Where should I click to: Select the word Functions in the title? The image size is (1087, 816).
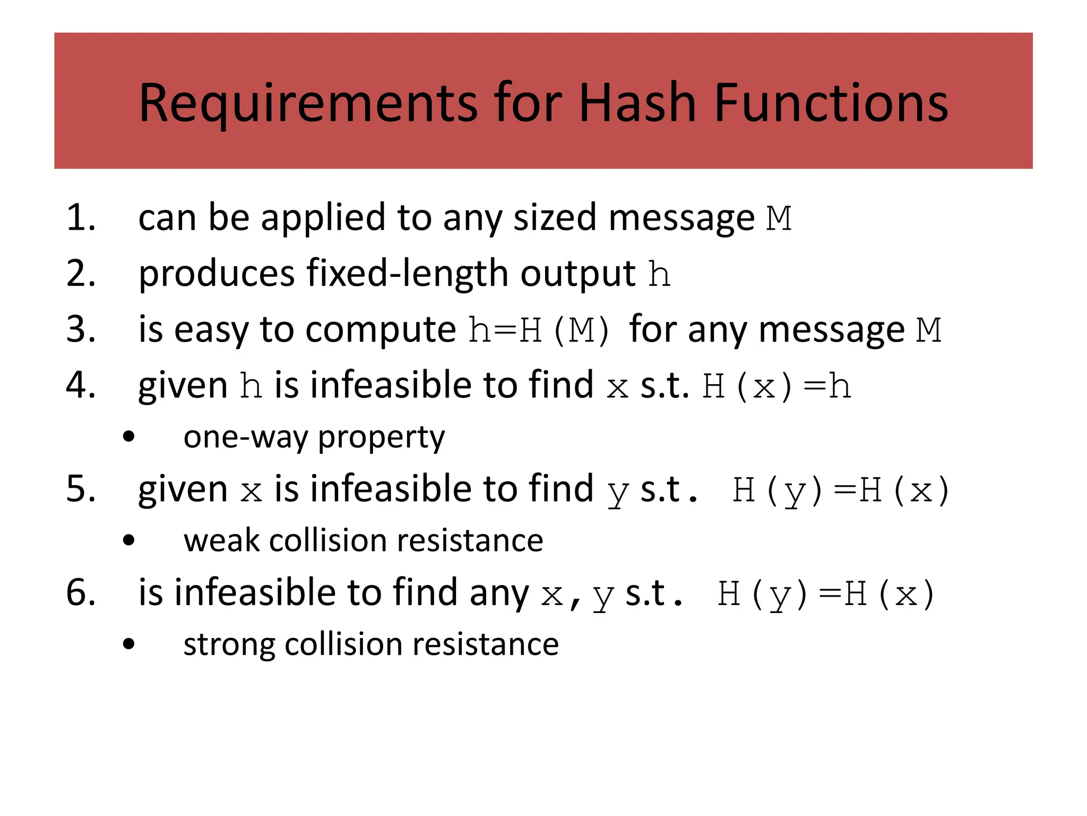point(831,103)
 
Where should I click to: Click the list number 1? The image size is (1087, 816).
point(80,218)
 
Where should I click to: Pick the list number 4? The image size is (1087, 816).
point(80,385)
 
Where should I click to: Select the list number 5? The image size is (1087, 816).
point(80,489)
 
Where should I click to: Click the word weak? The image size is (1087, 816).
point(221,541)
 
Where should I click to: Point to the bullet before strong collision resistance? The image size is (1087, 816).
point(128,645)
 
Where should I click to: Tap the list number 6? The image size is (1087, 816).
point(80,592)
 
